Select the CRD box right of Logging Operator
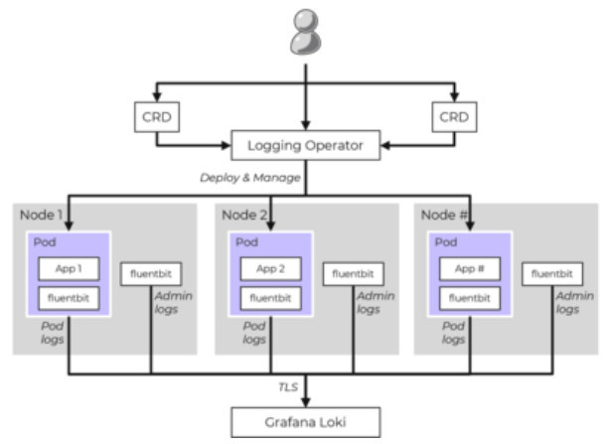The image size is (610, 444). click(x=453, y=116)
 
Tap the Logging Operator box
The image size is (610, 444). click(x=304, y=147)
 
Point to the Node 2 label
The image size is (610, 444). click(x=244, y=215)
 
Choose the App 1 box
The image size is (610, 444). click(x=69, y=268)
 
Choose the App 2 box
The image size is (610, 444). click(x=270, y=268)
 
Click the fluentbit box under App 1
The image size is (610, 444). click(x=69, y=296)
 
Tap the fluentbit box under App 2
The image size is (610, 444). click(x=270, y=296)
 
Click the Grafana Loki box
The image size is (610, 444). click(x=304, y=423)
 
